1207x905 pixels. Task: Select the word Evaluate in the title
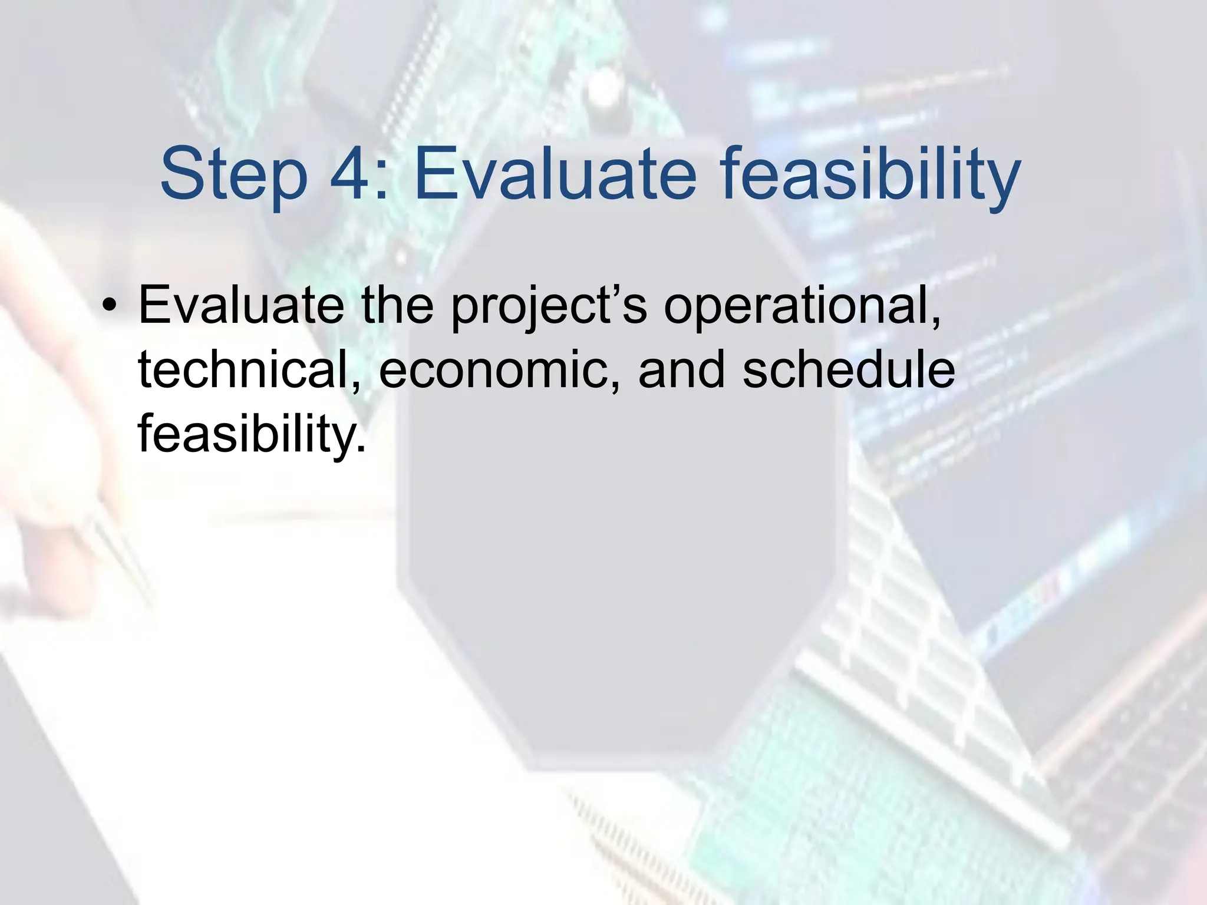pos(555,175)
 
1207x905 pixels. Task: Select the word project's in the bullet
pos(549,305)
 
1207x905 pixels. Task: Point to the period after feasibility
pos(361,449)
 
